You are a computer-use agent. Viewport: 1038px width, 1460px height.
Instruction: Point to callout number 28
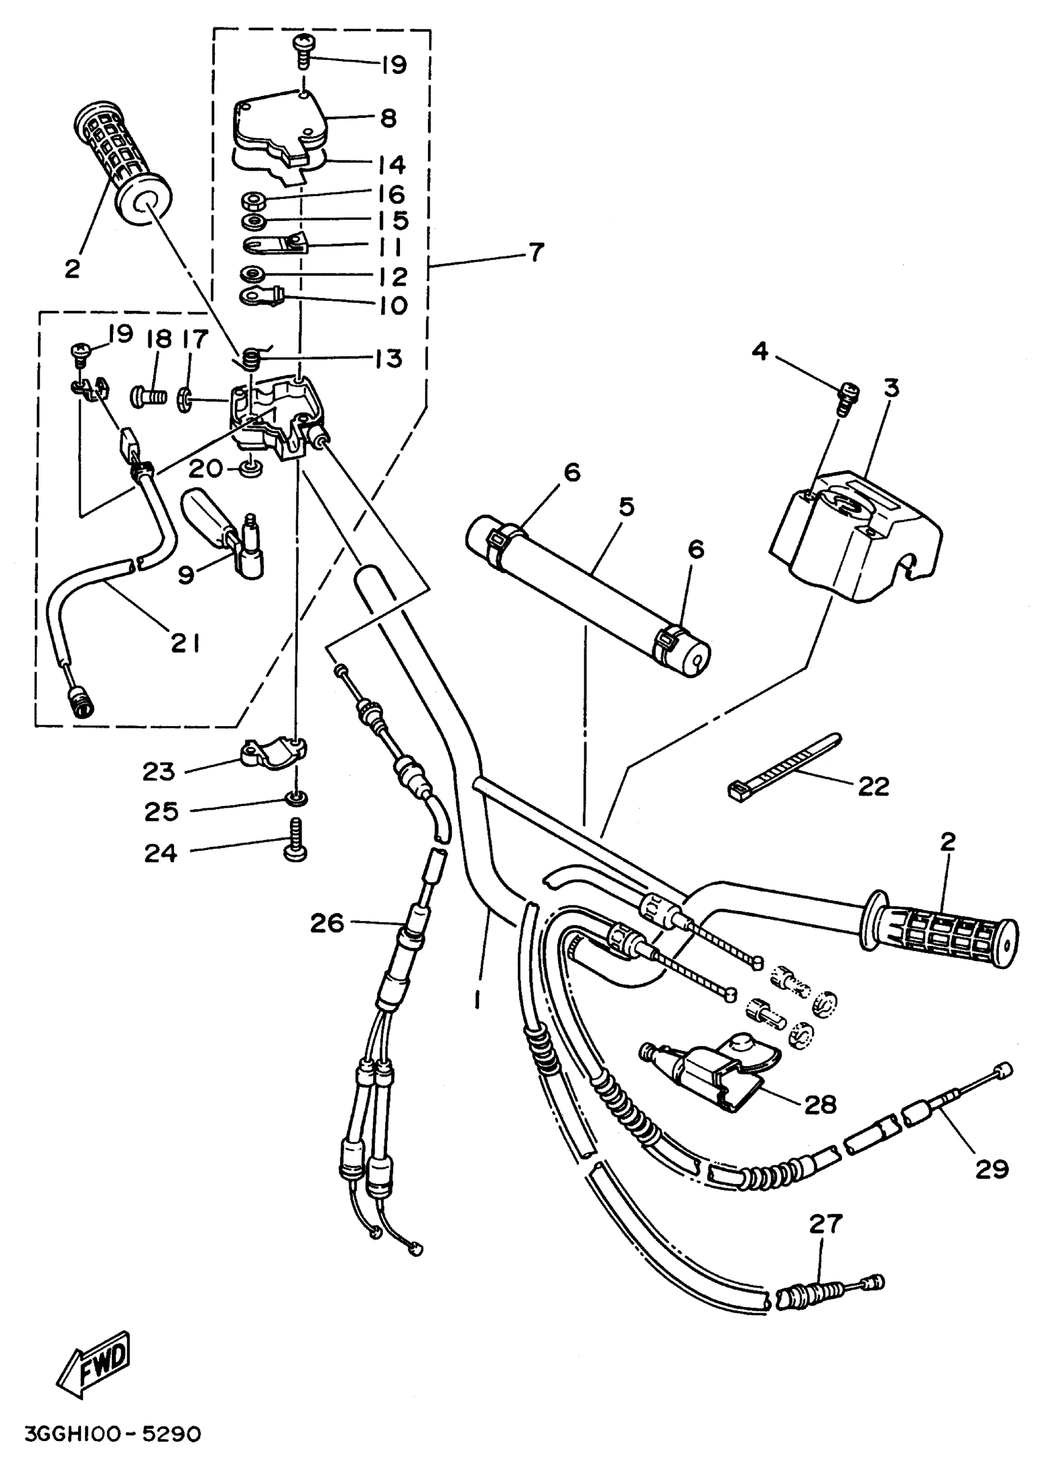(821, 1104)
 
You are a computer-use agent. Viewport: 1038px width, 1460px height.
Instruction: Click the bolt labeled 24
(297, 841)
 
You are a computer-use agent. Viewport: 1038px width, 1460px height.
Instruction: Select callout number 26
(327, 923)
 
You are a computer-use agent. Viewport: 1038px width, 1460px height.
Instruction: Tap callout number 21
(186, 642)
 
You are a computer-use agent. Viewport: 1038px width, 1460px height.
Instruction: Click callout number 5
(626, 507)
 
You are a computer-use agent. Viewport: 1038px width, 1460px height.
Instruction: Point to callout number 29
(992, 1169)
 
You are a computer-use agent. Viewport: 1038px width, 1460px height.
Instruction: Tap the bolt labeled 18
(149, 397)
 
